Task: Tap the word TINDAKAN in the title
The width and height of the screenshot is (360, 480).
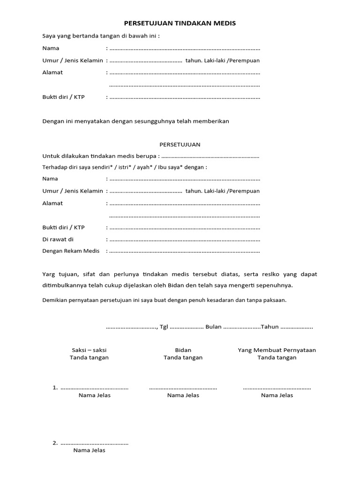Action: coord(186,23)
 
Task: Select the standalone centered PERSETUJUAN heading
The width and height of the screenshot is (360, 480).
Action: coord(180,144)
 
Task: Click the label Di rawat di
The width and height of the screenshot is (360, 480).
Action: coord(58,239)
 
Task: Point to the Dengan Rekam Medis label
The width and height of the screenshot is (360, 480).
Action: coord(71,251)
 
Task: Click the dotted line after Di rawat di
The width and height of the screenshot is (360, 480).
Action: coord(185,240)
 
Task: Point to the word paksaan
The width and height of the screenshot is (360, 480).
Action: coord(274,300)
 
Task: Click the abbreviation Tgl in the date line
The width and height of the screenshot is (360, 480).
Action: coord(164,327)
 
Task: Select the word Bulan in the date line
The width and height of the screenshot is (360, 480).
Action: coord(213,327)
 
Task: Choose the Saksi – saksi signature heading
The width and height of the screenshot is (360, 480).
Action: coord(89,350)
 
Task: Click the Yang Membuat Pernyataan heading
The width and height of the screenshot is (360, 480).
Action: coord(277,350)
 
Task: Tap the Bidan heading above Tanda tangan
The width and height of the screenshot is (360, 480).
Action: coord(183,350)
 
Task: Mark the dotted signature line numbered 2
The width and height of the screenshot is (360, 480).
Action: coord(95,443)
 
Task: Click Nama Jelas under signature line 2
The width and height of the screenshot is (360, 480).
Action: coord(89,450)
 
